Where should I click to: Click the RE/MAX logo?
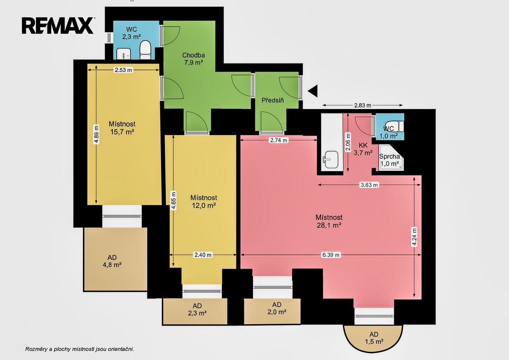click(58, 26)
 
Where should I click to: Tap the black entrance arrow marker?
click(313, 91)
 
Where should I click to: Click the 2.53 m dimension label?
click(123, 70)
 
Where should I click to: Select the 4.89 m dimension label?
click(97, 135)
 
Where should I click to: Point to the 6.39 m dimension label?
click(331, 255)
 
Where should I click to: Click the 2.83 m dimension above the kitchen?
click(363, 105)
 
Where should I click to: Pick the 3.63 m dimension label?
click(369, 185)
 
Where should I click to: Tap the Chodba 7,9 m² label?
click(193, 59)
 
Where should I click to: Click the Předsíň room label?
click(273, 100)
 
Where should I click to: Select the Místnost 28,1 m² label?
click(329, 221)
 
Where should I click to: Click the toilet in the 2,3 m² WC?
click(146, 50)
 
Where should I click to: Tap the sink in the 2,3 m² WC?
click(124, 54)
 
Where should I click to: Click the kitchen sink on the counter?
click(330, 159)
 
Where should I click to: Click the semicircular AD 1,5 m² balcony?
click(373, 338)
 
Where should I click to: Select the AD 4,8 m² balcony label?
click(112, 261)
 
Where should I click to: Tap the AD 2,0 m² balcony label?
click(277, 308)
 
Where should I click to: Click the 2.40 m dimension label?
click(203, 255)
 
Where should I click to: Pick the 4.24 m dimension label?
click(415, 237)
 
